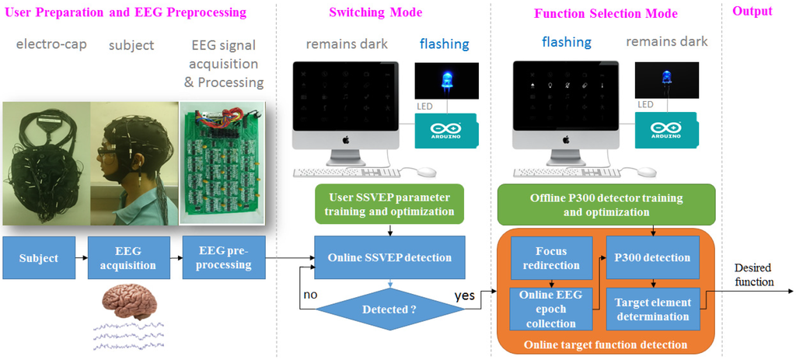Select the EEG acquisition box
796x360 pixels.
(x=130, y=258)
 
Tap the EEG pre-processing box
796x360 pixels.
(x=223, y=258)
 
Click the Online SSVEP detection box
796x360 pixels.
(x=389, y=258)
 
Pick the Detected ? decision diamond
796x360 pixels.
(x=389, y=309)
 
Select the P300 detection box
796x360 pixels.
(x=651, y=257)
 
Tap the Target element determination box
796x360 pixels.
(x=651, y=309)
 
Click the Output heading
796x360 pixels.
(x=752, y=12)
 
